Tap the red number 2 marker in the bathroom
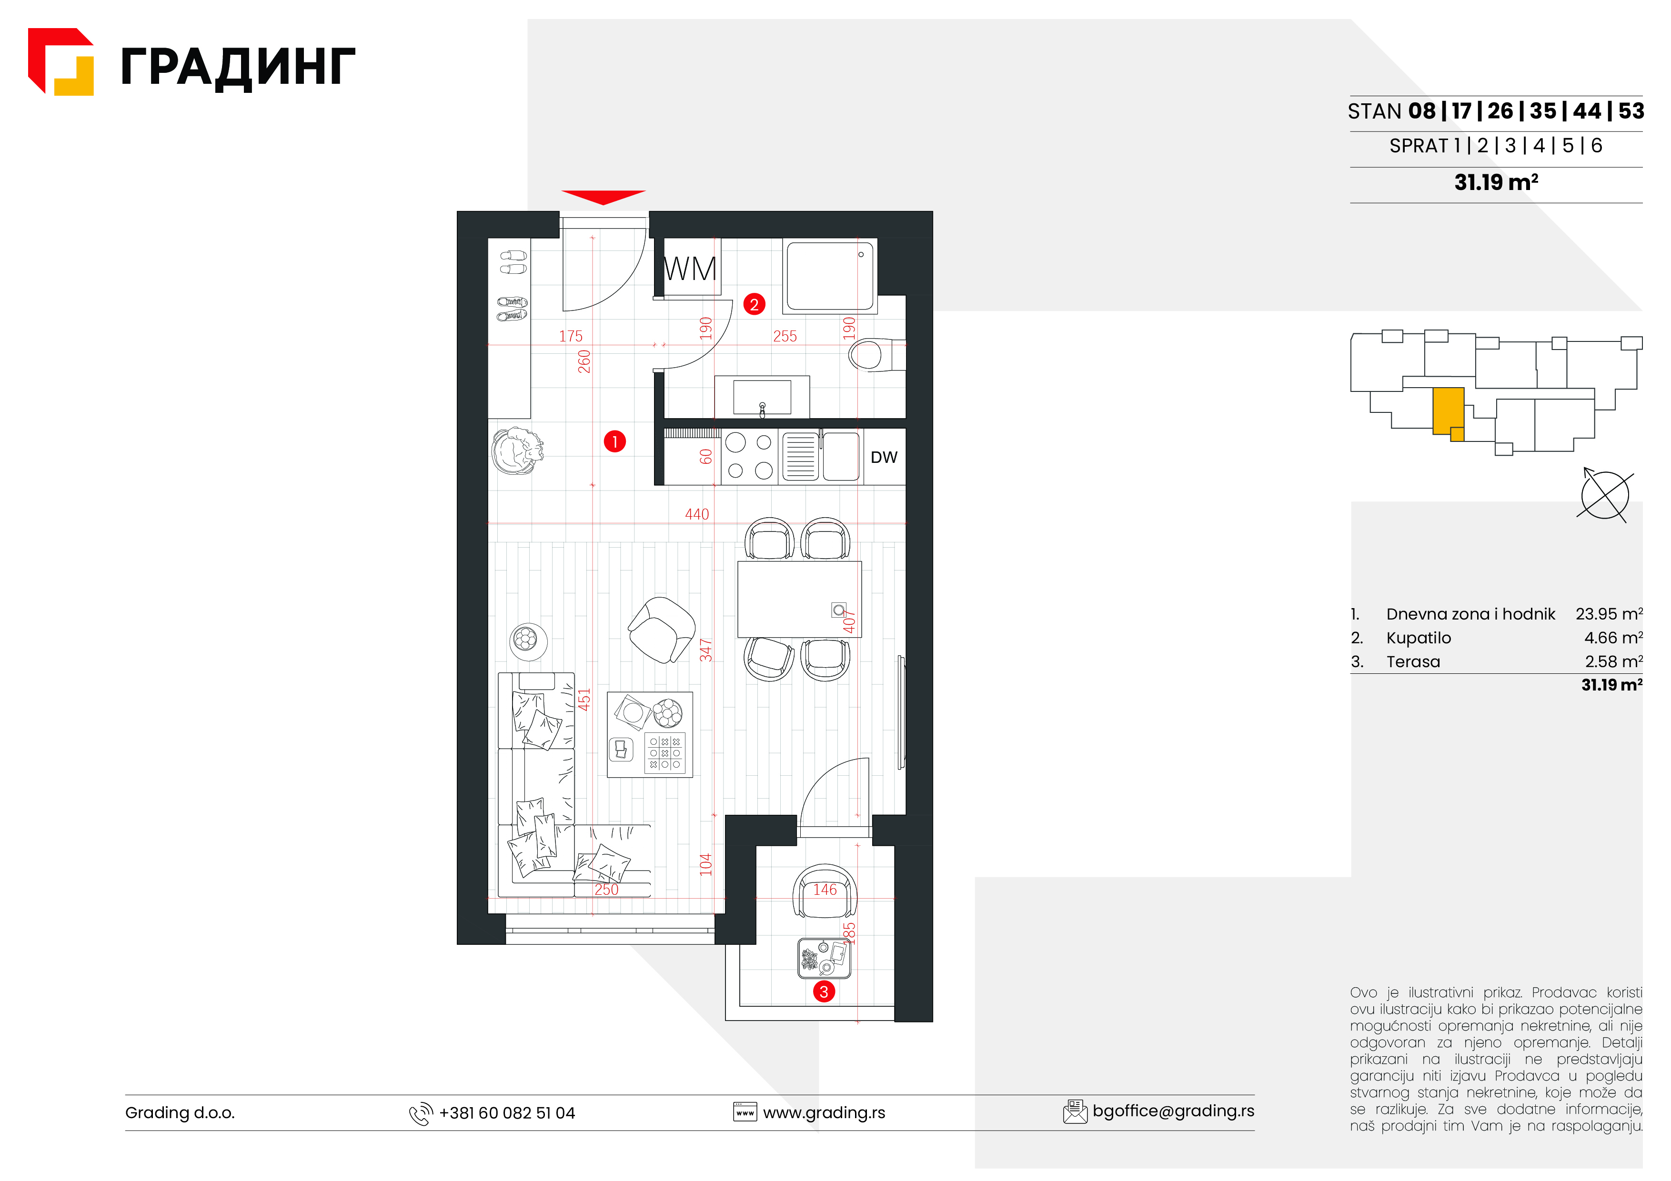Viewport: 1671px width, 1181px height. click(x=754, y=304)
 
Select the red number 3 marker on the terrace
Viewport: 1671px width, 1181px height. click(x=824, y=992)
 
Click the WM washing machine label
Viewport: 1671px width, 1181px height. click(x=690, y=269)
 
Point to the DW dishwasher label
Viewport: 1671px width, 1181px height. click(x=884, y=457)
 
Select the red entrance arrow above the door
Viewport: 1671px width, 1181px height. click(x=604, y=197)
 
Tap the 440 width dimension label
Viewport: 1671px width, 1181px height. click(x=696, y=514)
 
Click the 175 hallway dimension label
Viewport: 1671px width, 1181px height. click(x=571, y=336)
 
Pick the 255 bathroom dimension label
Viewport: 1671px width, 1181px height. click(x=785, y=336)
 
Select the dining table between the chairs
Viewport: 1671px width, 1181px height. click(x=799, y=599)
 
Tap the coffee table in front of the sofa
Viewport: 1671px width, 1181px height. click(x=650, y=735)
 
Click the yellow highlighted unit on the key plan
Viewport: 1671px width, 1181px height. click(x=1448, y=412)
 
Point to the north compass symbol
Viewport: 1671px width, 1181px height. click(x=1605, y=495)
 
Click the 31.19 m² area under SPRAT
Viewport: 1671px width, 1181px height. click(x=1496, y=182)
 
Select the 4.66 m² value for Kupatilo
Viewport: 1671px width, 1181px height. click(x=1613, y=638)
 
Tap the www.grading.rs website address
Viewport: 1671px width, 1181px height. click(x=824, y=1112)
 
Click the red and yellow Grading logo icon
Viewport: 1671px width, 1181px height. click(x=61, y=62)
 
